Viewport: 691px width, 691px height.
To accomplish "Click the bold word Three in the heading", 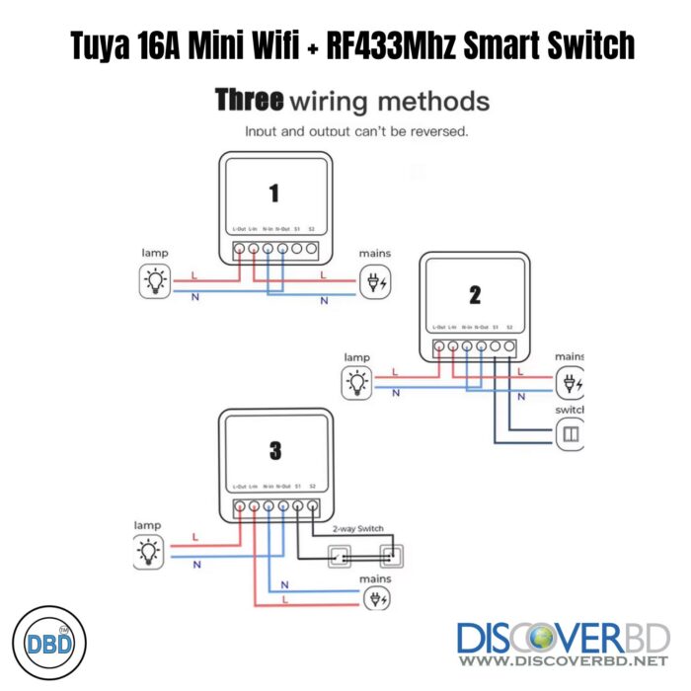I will [250, 100].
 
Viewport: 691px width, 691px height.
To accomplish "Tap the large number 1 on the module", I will [273, 193].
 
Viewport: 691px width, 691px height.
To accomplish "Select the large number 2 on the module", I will [474, 293].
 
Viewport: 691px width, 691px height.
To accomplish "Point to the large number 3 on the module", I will [274, 451].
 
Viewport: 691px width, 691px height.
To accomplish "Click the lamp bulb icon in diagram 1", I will [155, 281].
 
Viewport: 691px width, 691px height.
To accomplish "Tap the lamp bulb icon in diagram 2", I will [355, 381].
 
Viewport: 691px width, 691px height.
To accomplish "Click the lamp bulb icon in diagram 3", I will [149, 551].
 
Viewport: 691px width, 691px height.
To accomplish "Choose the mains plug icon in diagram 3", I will [375, 598].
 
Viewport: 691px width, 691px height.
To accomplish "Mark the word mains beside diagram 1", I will [375, 254].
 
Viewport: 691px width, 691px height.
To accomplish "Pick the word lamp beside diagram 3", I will [147, 525].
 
